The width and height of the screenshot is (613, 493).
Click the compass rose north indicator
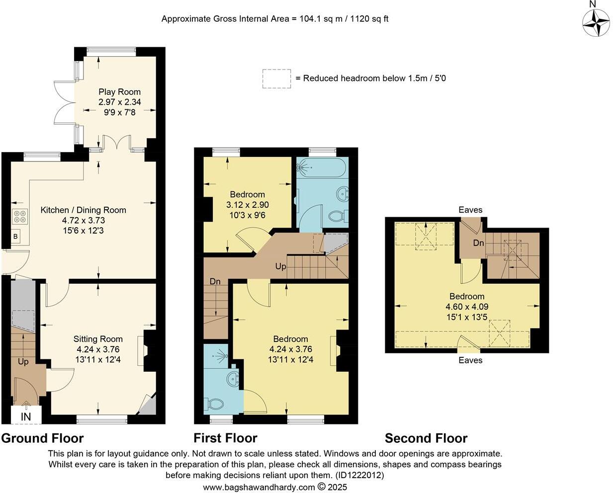click(x=596, y=21)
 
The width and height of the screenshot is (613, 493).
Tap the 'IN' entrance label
click(x=25, y=416)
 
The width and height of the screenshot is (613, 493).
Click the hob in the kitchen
click(x=20, y=217)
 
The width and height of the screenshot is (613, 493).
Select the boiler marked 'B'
click(x=15, y=237)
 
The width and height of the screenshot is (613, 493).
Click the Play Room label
click(x=119, y=92)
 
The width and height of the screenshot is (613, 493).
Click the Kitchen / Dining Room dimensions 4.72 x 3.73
click(x=84, y=220)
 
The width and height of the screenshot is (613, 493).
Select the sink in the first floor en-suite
click(x=232, y=380)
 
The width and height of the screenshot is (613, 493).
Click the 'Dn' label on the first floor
click(x=215, y=282)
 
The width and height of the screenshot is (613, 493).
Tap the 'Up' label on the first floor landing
click(x=280, y=266)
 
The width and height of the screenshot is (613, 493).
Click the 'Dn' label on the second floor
click(x=478, y=243)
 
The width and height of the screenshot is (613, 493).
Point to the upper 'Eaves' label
click(x=470, y=210)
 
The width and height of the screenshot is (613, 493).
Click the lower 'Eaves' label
click(x=470, y=360)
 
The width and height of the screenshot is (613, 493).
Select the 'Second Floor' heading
click(x=426, y=438)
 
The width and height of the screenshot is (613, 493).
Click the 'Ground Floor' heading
click(x=42, y=438)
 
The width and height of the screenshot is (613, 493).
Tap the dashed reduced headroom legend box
click(x=276, y=79)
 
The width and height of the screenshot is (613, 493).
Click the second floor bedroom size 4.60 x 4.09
click(x=467, y=307)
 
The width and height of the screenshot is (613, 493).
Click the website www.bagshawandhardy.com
click(x=259, y=487)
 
